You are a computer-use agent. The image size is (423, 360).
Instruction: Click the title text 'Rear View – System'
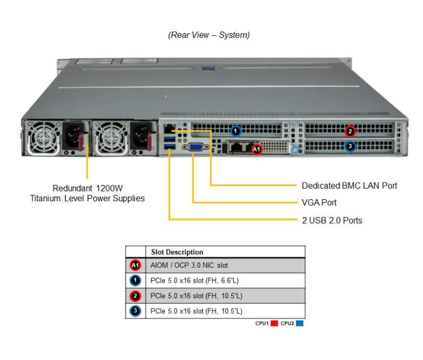(x=209, y=35)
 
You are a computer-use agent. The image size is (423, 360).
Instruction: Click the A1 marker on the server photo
(x=257, y=149)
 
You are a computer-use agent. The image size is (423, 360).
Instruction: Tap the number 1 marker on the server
(x=236, y=131)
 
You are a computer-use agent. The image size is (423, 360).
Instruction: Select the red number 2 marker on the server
(x=350, y=131)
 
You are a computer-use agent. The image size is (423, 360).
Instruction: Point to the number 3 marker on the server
(x=350, y=147)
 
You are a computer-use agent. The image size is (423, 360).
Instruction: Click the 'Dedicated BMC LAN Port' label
(x=349, y=185)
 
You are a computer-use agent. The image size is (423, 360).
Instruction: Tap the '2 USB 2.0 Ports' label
(x=332, y=220)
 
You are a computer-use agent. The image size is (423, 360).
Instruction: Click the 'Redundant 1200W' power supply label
(x=87, y=188)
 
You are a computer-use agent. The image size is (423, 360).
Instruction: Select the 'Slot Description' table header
(x=177, y=252)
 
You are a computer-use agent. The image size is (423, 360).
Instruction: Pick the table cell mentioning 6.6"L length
(x=194, y=281)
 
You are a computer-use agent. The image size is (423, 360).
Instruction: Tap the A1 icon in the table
(x=135, y=266)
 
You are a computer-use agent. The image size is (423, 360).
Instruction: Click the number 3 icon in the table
(x=135, y=311)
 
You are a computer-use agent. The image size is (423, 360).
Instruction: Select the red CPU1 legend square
(x=275, y=324)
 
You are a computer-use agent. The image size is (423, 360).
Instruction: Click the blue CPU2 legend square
(x=300, y=324)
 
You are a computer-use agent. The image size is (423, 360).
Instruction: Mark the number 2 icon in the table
(x=135, y=296)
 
